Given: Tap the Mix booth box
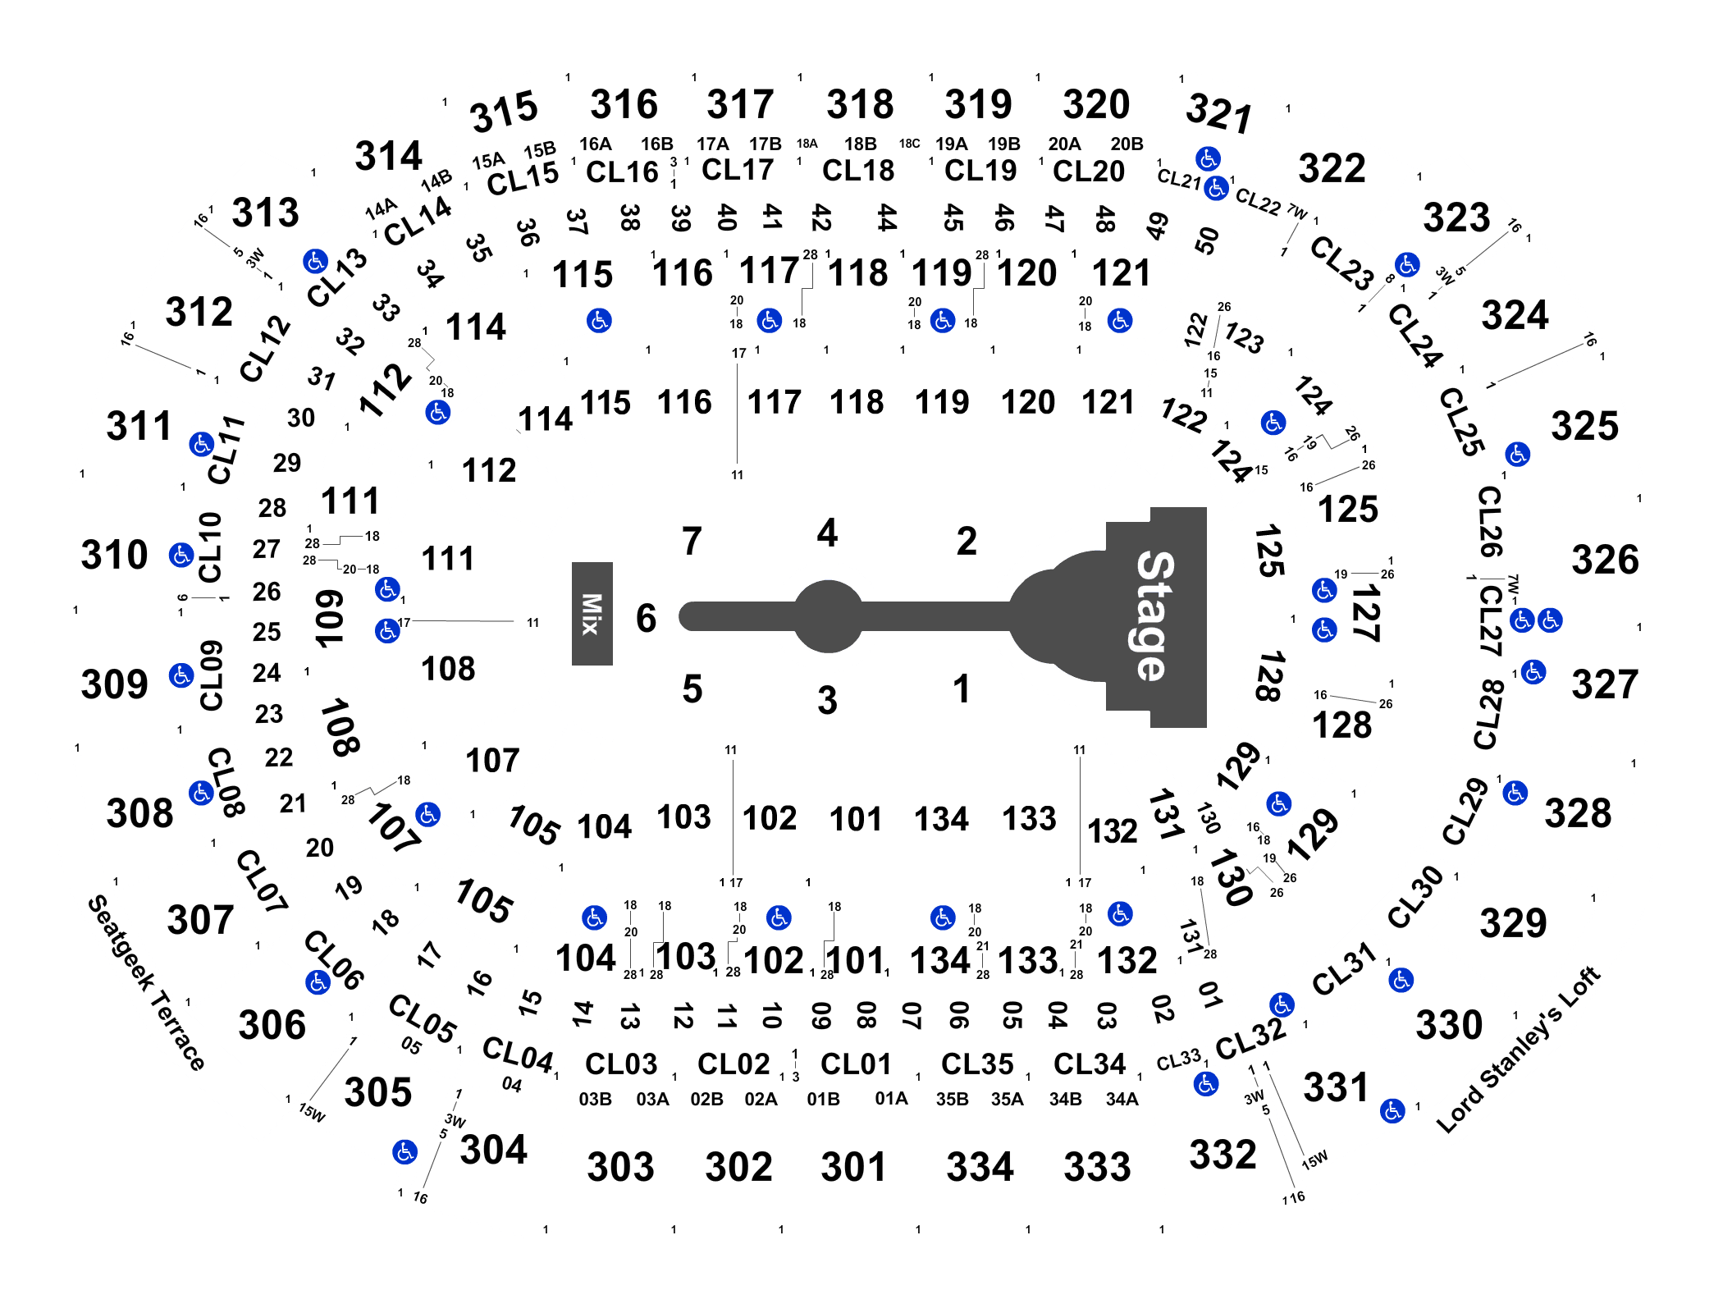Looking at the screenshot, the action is (592, 614).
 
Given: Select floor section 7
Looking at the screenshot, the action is (692, 542).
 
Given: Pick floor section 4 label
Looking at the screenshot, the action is (827, 533).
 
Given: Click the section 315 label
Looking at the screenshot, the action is (504, 112).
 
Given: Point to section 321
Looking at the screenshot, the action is (1219, 112).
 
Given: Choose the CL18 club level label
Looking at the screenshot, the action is (858, 171).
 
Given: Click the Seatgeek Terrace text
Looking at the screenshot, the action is (146, 982).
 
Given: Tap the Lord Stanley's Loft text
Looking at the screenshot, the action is (1519, 1050).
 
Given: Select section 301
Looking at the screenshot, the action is (854, 1167).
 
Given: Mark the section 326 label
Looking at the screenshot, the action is (1605, 560).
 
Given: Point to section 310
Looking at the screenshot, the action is (114, 555).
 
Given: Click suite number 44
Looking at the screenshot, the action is (887, 217).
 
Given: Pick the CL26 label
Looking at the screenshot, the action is (1490, 522).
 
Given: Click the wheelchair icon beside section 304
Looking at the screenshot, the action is (404, 1152).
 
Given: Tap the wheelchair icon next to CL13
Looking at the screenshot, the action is (315, 261).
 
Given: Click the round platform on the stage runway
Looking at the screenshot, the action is (829, 616).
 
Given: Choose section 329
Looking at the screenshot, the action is (1513, 923).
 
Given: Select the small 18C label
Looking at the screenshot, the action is (909, 144).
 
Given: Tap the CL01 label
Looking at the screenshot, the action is (856, 1064).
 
